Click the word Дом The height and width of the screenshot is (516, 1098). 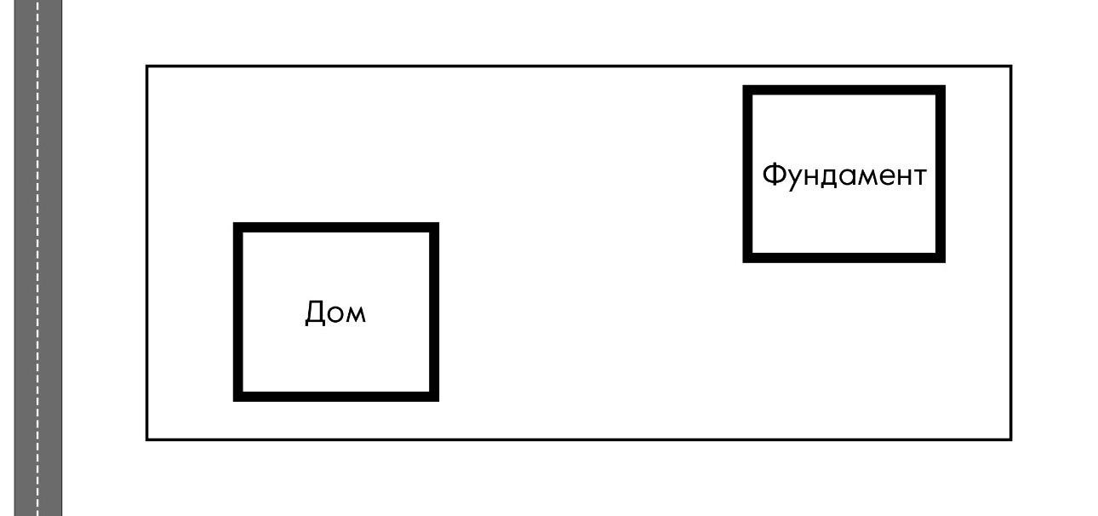point(335,313)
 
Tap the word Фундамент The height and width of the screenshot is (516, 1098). point(844,176)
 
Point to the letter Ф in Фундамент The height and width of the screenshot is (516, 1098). point(774,176)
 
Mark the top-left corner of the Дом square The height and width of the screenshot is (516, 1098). point(238,227)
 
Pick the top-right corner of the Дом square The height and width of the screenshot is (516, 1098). point(434,227)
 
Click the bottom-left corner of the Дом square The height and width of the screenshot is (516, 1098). point(238,396)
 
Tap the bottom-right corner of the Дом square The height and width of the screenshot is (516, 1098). point(434,396)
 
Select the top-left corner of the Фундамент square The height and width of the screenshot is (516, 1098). point(747,89)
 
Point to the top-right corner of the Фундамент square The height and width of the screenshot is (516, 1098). point(941,89)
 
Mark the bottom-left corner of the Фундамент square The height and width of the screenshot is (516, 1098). point(747,257)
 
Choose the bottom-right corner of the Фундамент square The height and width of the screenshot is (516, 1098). point(941,257)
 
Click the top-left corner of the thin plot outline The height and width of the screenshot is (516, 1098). point(147,66)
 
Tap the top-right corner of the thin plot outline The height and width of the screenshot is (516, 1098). point(1011,66)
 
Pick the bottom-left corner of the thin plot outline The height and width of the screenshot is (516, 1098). point(147,439)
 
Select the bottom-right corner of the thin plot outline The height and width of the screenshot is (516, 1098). point(1011,439)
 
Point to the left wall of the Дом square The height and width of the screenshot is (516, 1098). point(238,312)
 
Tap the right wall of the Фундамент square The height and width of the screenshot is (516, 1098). point(941,174)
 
